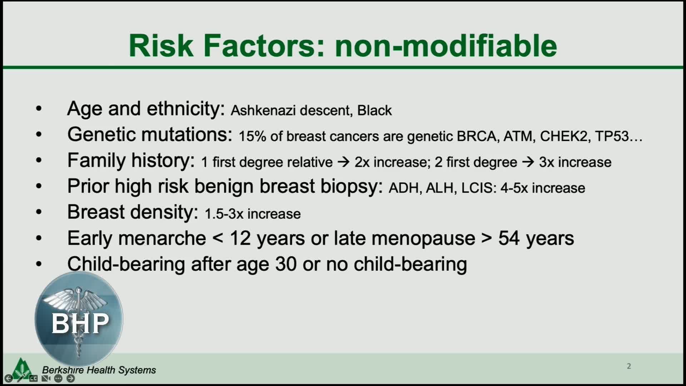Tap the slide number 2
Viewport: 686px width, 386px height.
(x=629, y=366)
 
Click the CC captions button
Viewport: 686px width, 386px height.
(x=33, y=378)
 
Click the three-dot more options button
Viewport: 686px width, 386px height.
(x=58, y=378)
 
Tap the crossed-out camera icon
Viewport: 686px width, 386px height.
(x=46, y=378)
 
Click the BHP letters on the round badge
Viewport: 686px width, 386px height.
(x=80, y=323)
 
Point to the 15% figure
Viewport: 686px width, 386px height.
(x=252, y=136)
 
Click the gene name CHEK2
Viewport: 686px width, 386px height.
(x=564, y=136)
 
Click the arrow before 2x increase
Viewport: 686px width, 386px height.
(x=343, y=162)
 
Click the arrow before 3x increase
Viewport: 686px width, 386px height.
(x=528, y=162)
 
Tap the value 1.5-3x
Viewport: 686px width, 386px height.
(x=224, y=214)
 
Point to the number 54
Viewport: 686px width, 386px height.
(x=509, y=238)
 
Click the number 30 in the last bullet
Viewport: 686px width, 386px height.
(x=286, y=264)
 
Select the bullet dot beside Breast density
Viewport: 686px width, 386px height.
(x=39, y=212)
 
